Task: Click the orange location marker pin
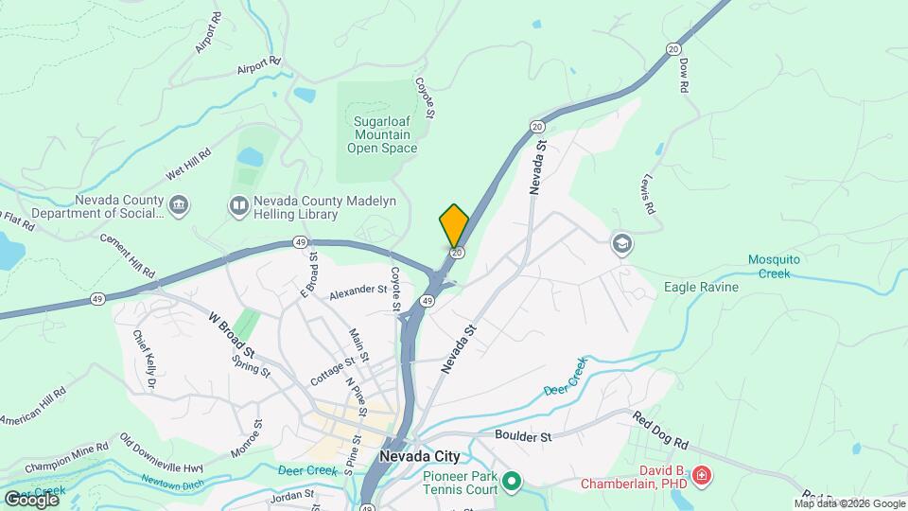point(454,226)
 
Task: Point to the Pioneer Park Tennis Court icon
point(512,483)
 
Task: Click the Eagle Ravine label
point(702,287)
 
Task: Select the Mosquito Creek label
point(781,266)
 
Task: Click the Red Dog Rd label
point(663,431)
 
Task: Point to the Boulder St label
point(523,436)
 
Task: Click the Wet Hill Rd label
point(187,164)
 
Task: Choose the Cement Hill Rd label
point(127,255)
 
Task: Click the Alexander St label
point(359,294)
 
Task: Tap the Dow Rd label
point(683,75)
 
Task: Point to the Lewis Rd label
point(647,197)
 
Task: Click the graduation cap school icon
point(621,244)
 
